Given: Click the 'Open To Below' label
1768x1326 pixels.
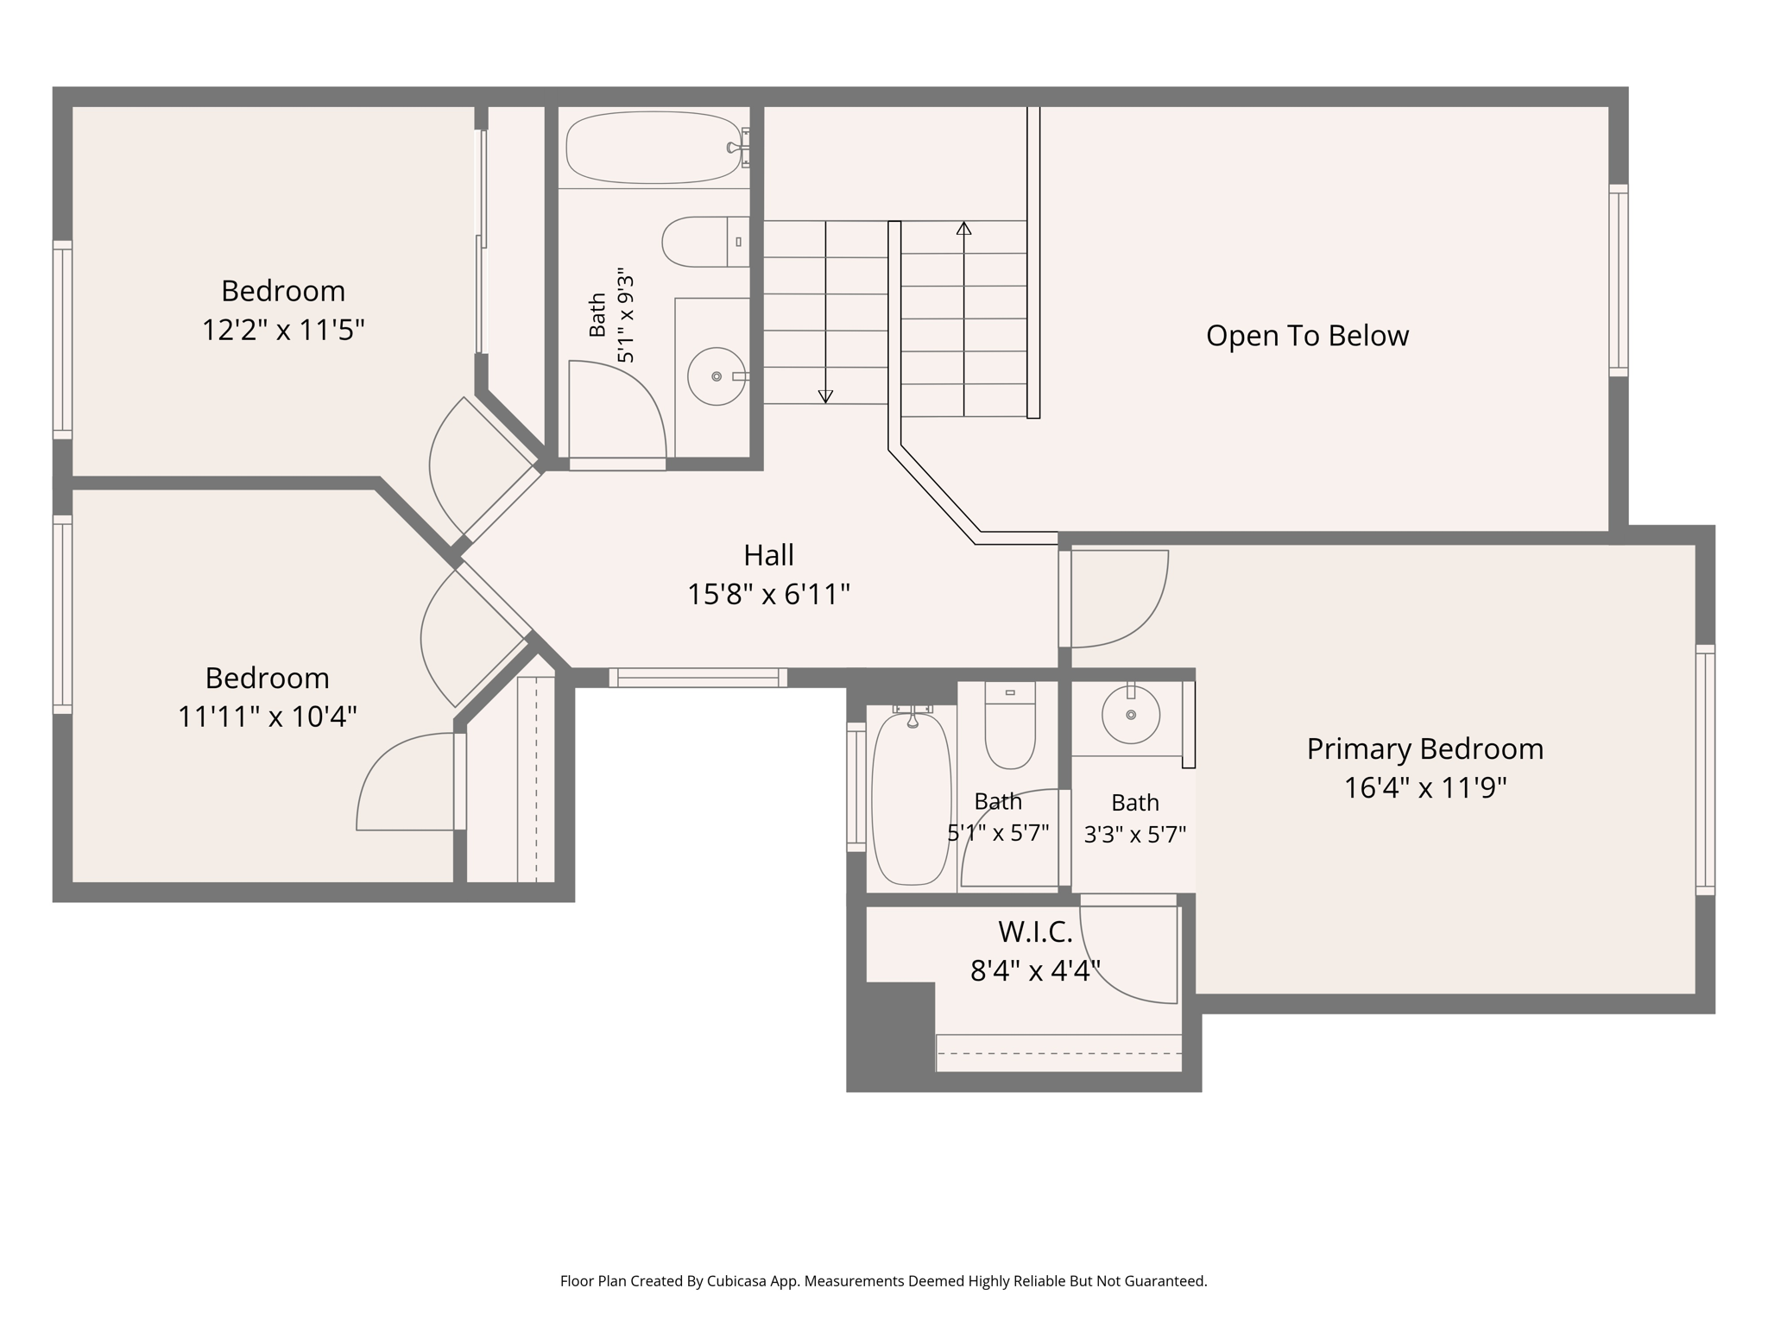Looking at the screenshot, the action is [1307, 336].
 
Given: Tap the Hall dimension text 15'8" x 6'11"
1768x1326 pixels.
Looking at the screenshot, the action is [768, 595].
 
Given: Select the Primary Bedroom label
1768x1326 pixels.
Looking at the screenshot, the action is [1424, 749].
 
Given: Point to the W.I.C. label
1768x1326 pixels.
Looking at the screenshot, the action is [1035, 932].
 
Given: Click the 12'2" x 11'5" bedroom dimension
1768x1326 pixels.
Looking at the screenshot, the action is [283, 330].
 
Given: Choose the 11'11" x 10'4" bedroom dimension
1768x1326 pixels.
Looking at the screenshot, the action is [267, 717].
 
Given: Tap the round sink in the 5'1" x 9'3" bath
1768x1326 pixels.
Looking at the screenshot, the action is [717, 376].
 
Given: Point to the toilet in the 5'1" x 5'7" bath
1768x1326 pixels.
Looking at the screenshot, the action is [1010, 726].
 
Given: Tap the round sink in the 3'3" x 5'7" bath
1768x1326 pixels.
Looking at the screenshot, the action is [1131, 715].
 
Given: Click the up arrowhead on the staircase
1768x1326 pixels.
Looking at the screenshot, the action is [963, 229].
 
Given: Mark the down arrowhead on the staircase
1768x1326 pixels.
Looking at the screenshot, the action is [825, 396].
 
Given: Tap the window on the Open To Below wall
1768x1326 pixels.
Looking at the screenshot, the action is [1619, 281].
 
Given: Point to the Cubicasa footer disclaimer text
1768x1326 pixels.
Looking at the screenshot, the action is [883, 1282].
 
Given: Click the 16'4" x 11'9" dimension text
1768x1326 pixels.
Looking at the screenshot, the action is [1425, 788].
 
